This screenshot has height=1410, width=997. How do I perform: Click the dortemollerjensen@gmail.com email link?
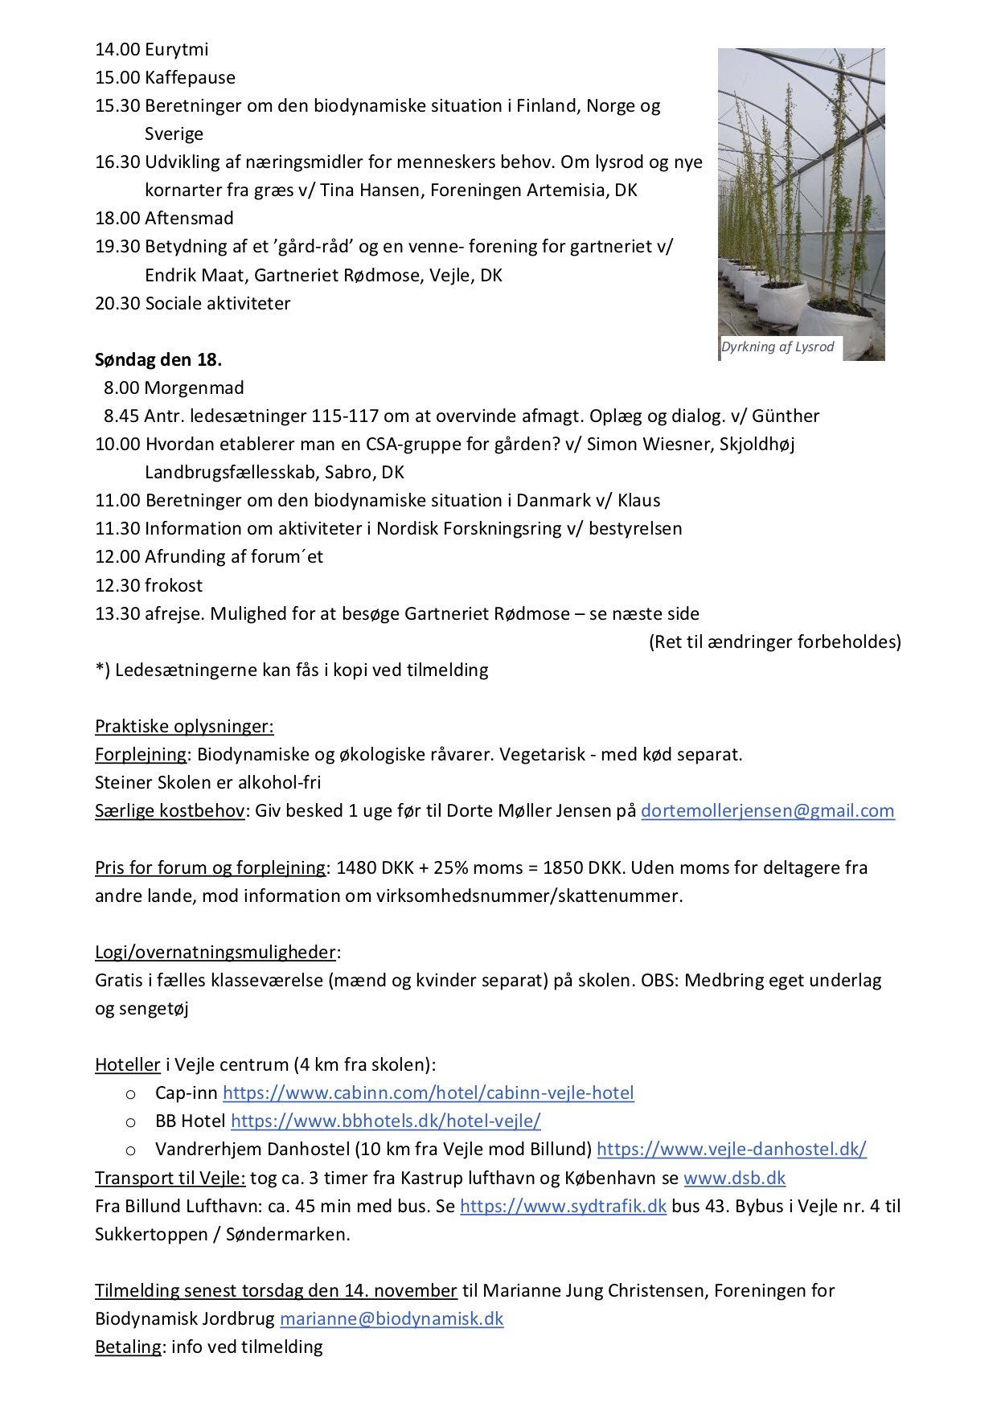[767, 811]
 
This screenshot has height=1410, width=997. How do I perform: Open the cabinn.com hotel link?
[428, 1093]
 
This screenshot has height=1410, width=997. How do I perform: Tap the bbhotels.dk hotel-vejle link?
[385, 1121]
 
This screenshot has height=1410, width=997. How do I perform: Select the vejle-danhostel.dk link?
[731, 1150]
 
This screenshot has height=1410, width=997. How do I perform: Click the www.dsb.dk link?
[734, 1178]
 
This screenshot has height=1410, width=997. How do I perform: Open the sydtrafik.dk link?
[563, 1207]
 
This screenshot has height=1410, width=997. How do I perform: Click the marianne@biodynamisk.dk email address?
[392, 1319]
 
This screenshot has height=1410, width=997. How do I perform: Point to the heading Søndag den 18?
[158, 360]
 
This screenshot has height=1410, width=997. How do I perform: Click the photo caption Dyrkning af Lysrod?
[777, 347]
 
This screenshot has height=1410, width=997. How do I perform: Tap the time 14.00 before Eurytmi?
[117, 50]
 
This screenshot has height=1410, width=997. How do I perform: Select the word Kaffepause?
[191, 78]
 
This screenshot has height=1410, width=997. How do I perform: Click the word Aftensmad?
[190, 219]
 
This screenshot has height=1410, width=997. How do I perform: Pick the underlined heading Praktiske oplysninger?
[184, 727]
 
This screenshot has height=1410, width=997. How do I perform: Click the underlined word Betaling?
[128, 1347]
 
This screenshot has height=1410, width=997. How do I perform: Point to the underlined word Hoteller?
[128, 1065]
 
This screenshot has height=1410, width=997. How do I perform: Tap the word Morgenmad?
[194, 388]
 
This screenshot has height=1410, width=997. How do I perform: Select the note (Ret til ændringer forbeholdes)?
[775, 642]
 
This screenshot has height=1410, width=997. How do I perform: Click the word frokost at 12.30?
[174, 586]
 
